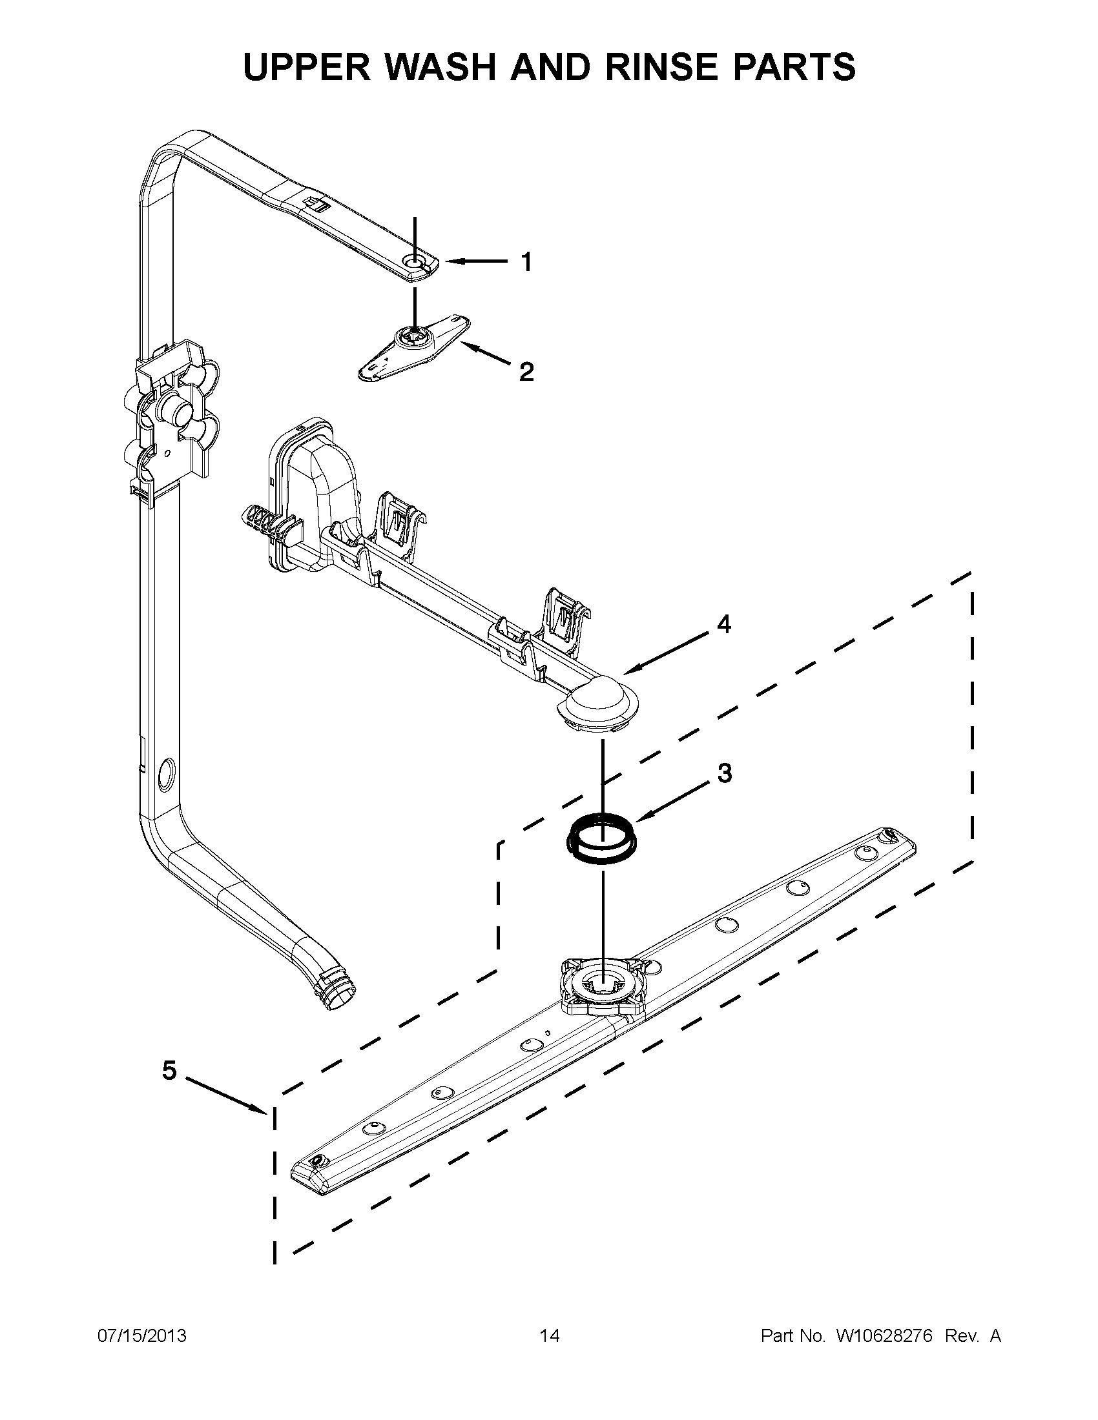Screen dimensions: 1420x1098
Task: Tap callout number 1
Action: (526, 262)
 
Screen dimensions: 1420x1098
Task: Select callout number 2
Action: (526, 372)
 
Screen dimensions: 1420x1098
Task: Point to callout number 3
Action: (724, 773)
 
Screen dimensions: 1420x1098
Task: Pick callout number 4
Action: (724, 624)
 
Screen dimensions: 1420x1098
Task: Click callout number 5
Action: (169, 1070)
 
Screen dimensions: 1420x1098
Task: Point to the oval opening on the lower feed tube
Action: (167, 775)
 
